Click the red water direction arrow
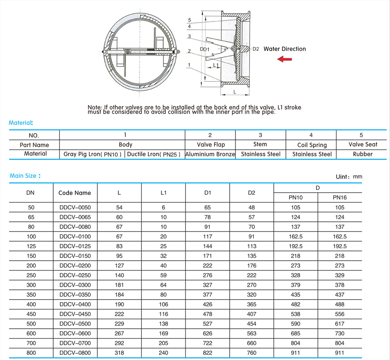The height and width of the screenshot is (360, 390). (x=285, y=59)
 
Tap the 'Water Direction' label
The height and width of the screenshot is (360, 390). (x=285, y=49)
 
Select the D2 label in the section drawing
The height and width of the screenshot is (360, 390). (x=256, y=49)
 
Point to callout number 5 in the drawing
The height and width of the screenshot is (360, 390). (x=189, y=21)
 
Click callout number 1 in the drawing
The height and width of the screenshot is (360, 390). (x=189, y=65)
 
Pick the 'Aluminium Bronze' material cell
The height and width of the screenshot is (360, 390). (x=210, y=154)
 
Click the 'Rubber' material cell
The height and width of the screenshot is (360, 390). (x=361, y=154)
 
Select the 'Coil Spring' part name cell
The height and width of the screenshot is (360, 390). (x=311, y=145)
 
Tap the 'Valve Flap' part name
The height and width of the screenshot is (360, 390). (x=210, y=144)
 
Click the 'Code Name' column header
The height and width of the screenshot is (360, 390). (x=75, y=193)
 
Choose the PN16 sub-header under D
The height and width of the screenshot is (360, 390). (x=340, y=197)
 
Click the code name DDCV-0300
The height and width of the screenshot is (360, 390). (x=75, y=285)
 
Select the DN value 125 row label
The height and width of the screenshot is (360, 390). (x=31, y=246)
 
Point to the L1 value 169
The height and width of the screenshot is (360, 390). (x=163, y=334)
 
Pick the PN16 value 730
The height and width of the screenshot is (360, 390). (x=340, y=334)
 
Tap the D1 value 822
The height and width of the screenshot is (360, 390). (x=207, y=353)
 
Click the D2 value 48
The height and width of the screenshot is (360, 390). (x=252, y=208)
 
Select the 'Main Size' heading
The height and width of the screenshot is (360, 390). (x=25, y=176)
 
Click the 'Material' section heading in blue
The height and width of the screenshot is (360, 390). (x=21, y=123)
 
